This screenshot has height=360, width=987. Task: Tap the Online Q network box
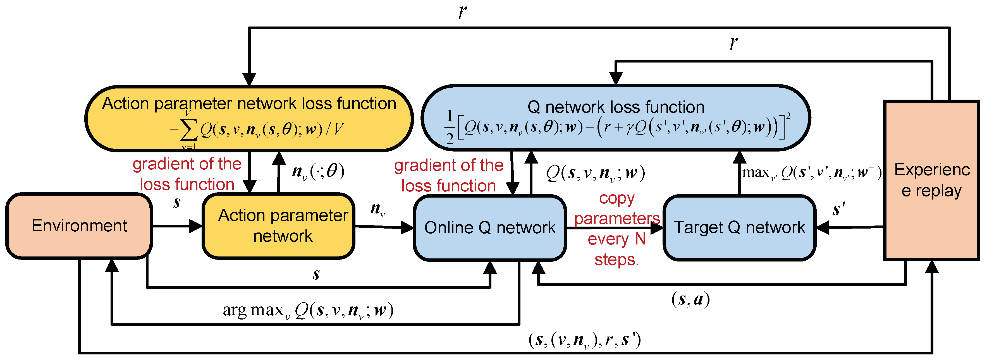tap(490, 227)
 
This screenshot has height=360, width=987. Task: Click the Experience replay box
tap(931, 180)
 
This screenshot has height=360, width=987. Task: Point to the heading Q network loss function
tap(616, 107)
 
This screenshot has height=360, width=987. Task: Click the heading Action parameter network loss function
tap(249, 104)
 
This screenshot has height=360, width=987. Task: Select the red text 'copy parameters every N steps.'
tap(616, 229)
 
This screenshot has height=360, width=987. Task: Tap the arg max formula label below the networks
tap(308, 310)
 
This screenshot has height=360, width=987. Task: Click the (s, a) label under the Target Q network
tap(690, 299)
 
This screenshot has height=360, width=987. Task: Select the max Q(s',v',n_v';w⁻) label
tap(811, 173)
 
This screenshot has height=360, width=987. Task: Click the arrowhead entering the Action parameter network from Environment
tap(196, 226)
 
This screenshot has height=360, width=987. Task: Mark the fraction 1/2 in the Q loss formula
tap(450, 127)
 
